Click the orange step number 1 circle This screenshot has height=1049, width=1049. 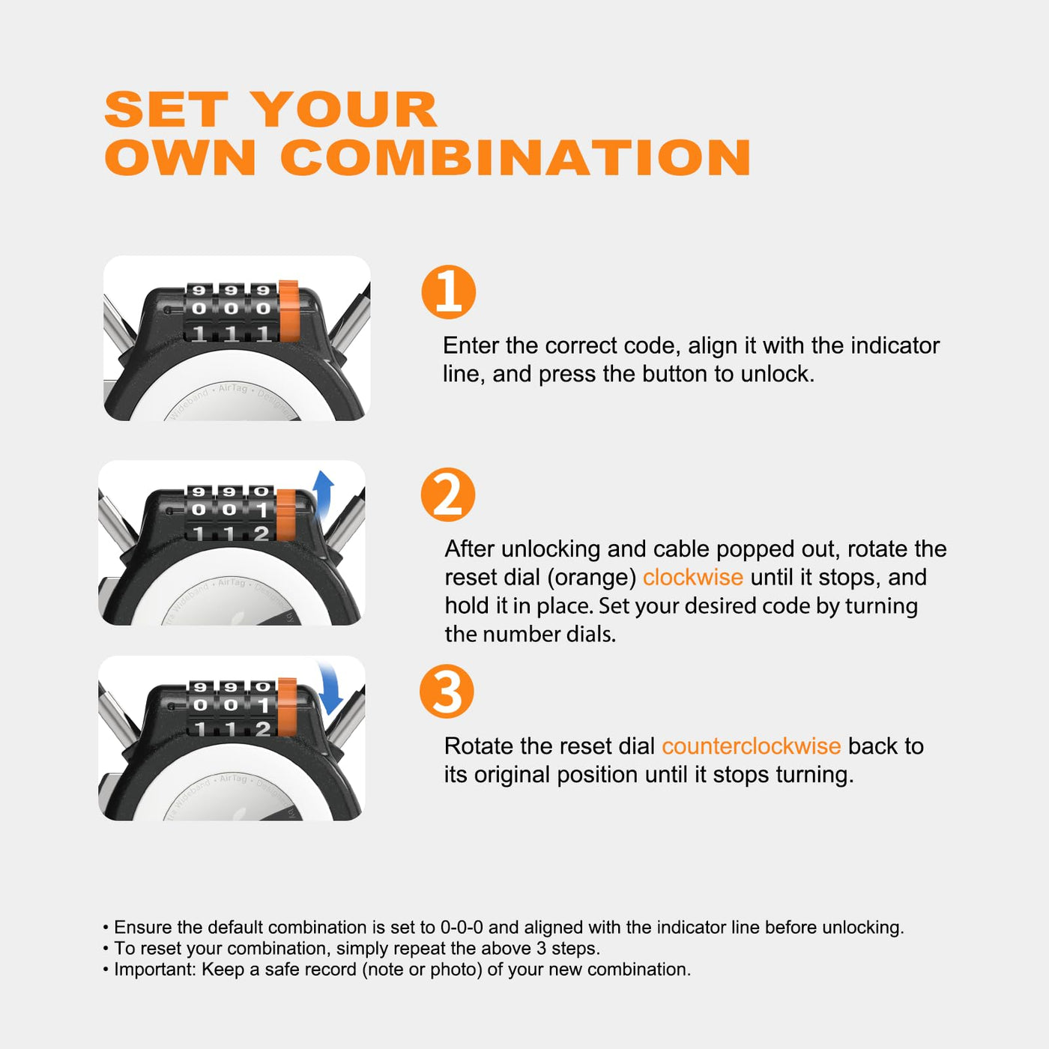click(x=449, y=291)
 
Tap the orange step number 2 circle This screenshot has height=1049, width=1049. click(x=448, y=495)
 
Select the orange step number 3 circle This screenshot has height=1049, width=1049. click(x=447, y=691)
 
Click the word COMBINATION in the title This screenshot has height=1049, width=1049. click(x=516, y=157)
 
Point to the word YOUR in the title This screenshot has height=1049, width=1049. click(x=346, y=109)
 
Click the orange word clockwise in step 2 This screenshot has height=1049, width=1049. click(x=693, y=577)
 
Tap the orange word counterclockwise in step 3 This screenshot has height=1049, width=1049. click(x=752, y=746)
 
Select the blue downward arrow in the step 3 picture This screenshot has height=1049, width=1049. click(x=330, y=689)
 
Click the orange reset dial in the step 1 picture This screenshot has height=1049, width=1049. click(x=289, y=311)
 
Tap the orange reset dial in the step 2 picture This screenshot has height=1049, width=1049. click(x=286, y=515)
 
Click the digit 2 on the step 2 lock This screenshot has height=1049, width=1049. click(x=262, y=533)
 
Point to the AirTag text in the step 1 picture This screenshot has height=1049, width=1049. click(x=233, y=388)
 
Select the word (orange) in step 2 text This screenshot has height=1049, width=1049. click(x=592, y=578)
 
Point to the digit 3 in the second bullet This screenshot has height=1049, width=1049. click(x=541, y=949)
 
